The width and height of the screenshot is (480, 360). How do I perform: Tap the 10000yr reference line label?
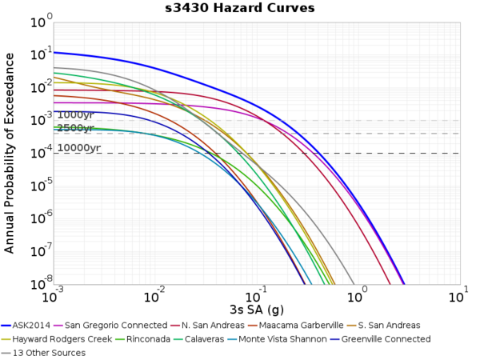(x=78, y=148)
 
